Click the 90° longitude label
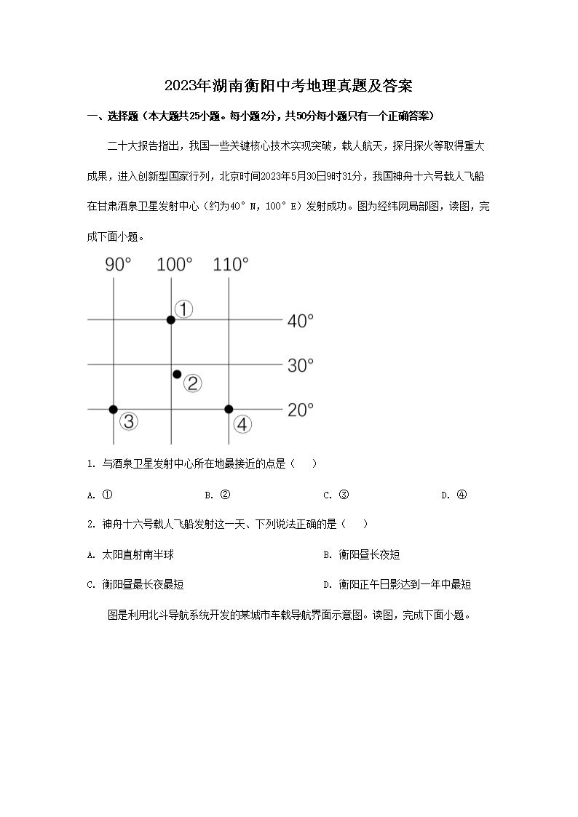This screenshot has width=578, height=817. (119, 265)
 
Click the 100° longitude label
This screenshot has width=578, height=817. (175, 265)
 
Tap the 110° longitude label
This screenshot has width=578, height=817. (231, 265)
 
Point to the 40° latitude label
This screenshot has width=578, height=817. (300, 320)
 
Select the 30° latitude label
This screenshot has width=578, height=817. (300, 365)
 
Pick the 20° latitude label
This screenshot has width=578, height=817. (300, 410)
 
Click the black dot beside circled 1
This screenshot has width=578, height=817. (170, 319)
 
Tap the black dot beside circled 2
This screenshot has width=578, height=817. (177, 374)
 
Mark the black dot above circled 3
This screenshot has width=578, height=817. (114, 410)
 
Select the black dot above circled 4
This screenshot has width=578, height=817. (229, 410)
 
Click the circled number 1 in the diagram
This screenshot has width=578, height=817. (185, 309)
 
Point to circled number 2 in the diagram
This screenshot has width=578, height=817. (192, 383)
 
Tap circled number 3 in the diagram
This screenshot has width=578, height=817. (129, 421)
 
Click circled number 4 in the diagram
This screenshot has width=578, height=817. (242, 423)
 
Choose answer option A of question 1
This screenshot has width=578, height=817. (100, 495)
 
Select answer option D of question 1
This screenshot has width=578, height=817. (454, 495)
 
